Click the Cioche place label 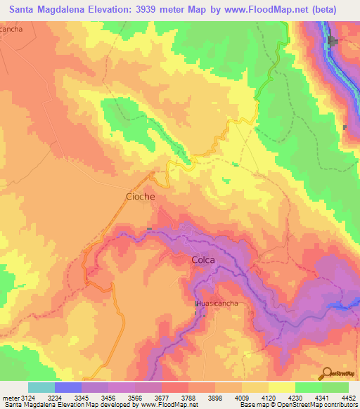click(140, 197)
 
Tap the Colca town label click(202, 260)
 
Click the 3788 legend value click(188, 397)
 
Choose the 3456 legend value click(109, 397)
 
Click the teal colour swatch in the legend click(41, 387)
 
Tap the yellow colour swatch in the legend click(281, 387)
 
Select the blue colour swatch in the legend click(67, 387)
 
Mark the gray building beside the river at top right click(334, 42)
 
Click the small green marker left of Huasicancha click(195, 303)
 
